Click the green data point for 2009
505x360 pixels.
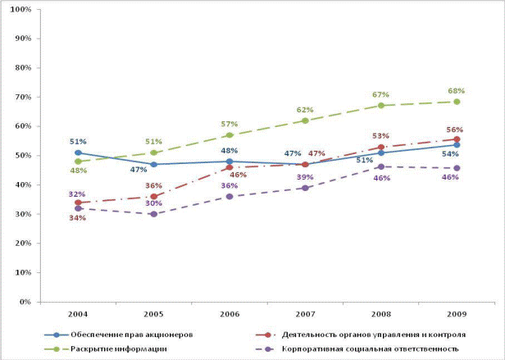(457, 102)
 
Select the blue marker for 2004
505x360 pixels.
(78, 153)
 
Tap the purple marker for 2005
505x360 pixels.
(153, 214)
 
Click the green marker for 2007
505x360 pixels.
(305, 121)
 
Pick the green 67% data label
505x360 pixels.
(380, 94)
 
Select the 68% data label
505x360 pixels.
(457, 90)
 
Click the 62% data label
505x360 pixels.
(305, 109)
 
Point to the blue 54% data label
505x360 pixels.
(449, 154)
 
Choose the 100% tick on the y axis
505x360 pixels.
(21, 10)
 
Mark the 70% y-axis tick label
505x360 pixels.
(24, 98)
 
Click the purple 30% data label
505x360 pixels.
(153, 203)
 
